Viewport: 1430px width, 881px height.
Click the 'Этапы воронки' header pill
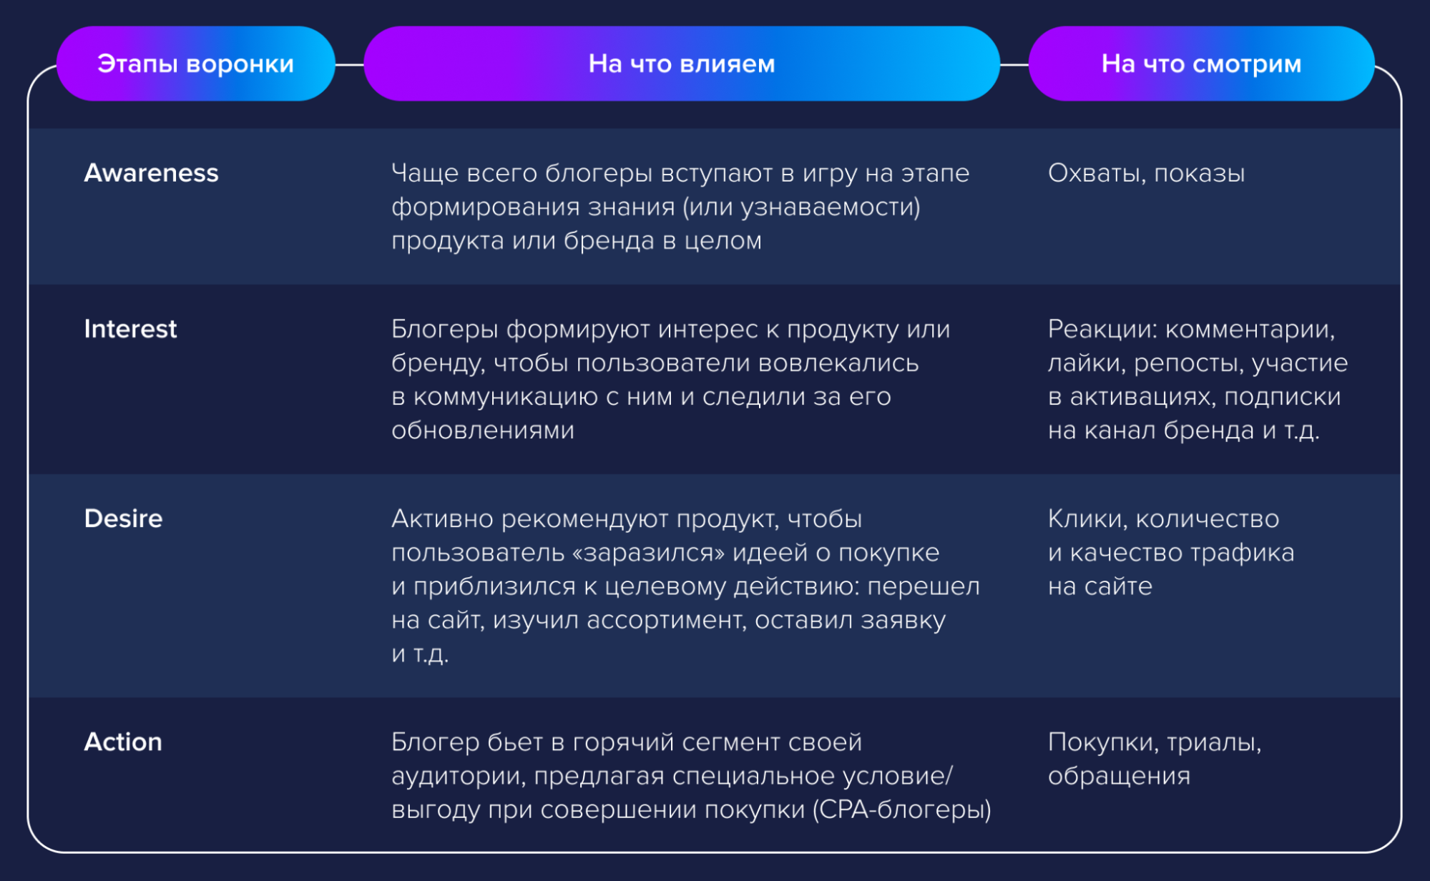click(195, 64)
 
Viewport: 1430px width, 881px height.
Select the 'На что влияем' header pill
click(682, 64)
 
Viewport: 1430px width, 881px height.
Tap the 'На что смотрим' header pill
click(1201, 64)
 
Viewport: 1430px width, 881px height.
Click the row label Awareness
click(151, 173)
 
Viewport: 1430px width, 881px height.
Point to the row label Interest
click(130, 329)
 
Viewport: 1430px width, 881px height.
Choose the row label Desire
click(123, 518)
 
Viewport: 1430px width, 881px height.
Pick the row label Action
click(123, 742)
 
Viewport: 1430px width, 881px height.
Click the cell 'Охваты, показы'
click(1146, 174)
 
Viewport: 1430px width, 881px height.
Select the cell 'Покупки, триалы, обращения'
click(1155, 759)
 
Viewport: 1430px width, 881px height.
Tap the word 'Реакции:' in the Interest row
click(1102, 330)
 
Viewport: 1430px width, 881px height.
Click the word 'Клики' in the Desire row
click(1087, 519)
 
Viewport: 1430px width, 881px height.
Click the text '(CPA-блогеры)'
click(902, 809)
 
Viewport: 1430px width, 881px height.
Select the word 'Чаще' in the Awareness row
click(425, 174)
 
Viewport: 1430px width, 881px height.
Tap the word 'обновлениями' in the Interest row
click(483, 430)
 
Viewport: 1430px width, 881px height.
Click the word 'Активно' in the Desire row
click(442, 518)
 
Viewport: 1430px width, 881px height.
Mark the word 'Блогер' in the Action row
click(435, 742)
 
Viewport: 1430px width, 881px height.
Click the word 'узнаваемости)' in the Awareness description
click(831, 207)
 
